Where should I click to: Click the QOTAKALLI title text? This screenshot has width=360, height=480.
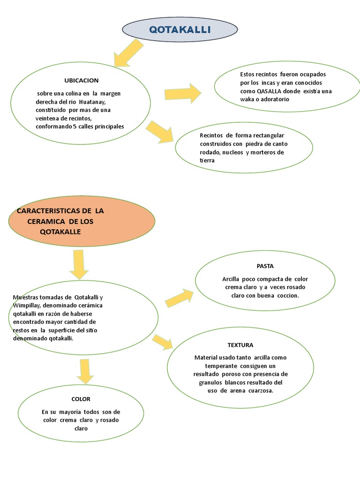180,30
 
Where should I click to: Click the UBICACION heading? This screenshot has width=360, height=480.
82,80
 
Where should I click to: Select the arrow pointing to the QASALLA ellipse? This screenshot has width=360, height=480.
183,93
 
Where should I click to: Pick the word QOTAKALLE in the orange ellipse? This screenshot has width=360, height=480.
60,232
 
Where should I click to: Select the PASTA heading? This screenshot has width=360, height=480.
265,266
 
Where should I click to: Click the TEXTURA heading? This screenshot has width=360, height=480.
240,345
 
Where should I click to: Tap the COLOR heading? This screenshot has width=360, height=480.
81,399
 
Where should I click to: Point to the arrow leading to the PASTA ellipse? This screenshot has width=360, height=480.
179,298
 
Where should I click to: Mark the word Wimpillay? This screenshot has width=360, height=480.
27,305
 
